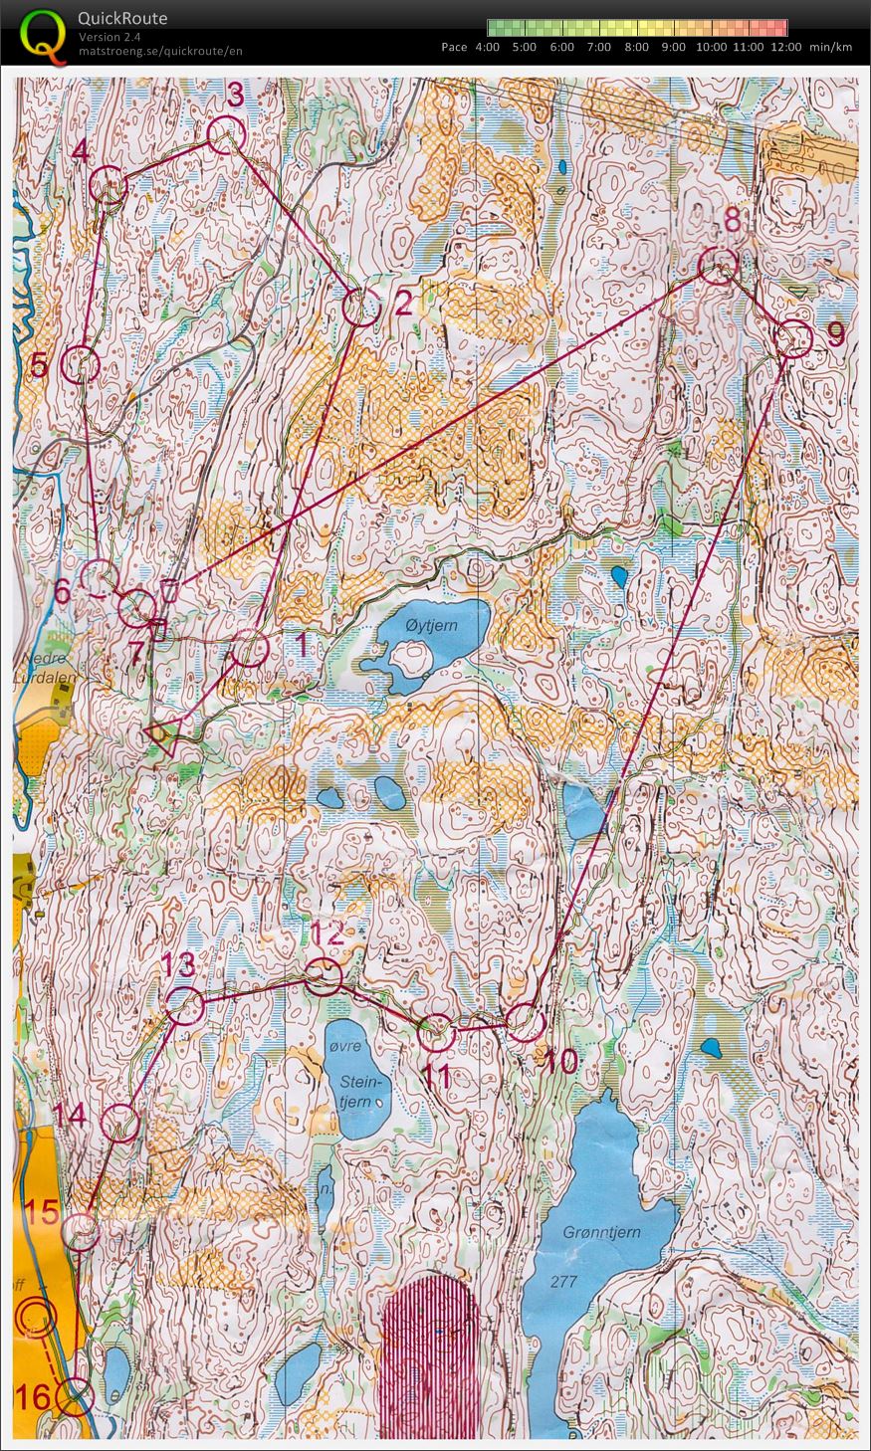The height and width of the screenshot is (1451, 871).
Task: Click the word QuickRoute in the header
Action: coord(122,18)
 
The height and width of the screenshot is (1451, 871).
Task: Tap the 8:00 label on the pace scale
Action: coord(636,47)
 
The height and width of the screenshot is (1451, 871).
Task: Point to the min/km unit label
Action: coord(830,47)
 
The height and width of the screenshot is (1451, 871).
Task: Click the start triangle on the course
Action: coord(161,737)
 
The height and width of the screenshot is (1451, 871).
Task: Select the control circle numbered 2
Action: coord(360,308)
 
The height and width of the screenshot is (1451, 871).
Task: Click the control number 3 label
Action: coord(236,95)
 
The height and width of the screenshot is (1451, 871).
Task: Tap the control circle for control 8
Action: coord(718,266)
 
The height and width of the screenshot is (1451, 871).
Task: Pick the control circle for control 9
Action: coord(793,338)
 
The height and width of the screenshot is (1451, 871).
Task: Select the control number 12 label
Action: coord(327,934)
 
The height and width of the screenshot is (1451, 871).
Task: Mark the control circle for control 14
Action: coord(120,1123)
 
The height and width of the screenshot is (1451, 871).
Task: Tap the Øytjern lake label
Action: coord(434,627)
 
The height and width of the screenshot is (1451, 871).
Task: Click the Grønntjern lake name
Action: coord(601,1233)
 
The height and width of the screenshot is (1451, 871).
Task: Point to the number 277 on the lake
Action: coord(563,1281)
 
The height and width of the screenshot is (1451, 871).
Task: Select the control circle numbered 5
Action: coord(81,365)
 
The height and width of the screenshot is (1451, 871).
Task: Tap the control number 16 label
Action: coord(33,1397)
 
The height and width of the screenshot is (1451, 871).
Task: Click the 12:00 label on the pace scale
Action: coord(785,47)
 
